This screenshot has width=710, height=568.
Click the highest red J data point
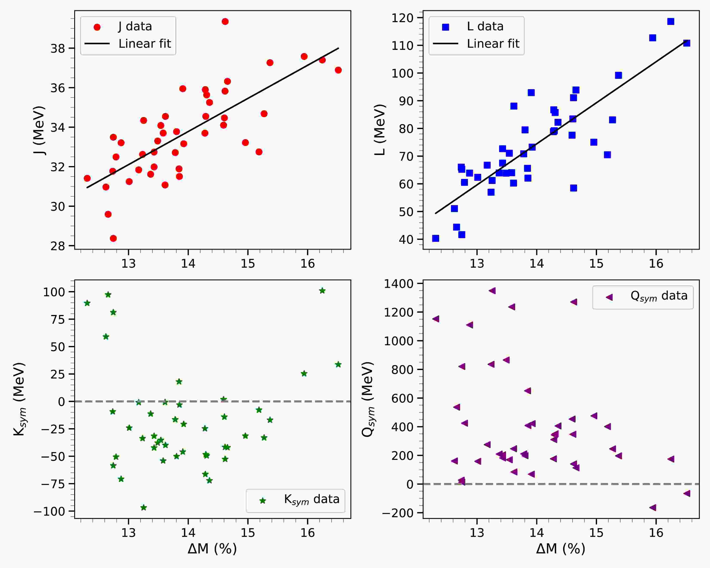(x=225, y=21)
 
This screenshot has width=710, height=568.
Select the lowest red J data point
(x=113, y=238)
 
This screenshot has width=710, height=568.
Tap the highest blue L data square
(x=670, y=21)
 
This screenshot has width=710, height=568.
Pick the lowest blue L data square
(x=435, y=238)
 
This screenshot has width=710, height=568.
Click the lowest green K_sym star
(x=144, y=507)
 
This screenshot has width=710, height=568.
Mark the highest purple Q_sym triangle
(x=492, y=290)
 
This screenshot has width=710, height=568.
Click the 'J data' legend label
(x=135, y=26)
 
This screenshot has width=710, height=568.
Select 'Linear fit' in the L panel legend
(x=493, y=43)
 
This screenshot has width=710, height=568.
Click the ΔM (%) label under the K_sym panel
(x=212, y=549)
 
